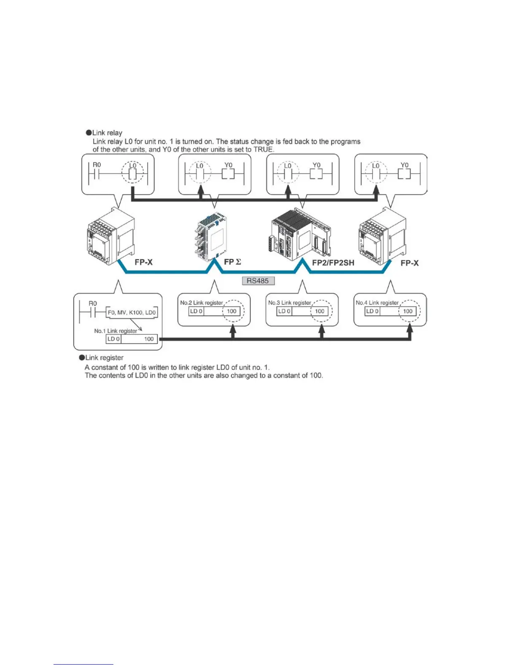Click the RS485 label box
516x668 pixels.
(x=258, y=280)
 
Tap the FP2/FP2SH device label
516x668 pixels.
(x=333, y=263)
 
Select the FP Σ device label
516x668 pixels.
(x=232, y=262)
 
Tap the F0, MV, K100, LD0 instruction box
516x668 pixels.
(x=132, y=312)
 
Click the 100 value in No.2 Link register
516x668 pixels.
(x=232, y=311)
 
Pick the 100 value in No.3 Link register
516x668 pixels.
(x=320, y=311)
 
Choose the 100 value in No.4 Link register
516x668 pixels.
(x=408, y=311)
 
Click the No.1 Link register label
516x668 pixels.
(x=116, y=331)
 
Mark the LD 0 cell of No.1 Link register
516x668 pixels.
(x=113, y=339)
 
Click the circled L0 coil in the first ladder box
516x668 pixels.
(x=133, y=173)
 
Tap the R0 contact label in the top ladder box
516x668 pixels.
(x=97, y=165)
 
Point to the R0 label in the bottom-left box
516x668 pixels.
(x=93, y=304)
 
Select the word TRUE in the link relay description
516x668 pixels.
(x=263, y=149)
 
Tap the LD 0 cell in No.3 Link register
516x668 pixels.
(x=284, y=311)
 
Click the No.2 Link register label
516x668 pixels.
(x=202, y=303)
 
